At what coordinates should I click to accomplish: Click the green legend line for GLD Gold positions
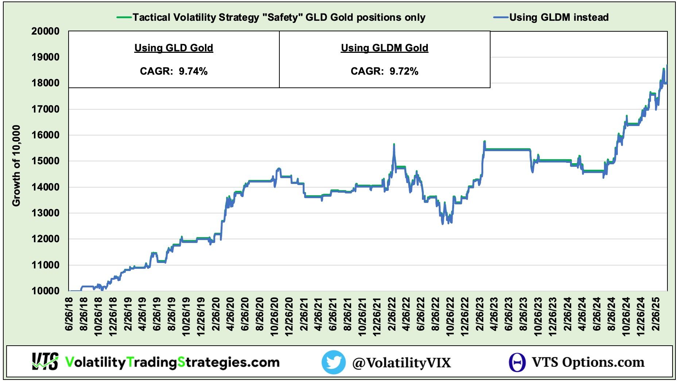(124, 17)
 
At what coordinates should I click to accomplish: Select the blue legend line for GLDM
(500, 17)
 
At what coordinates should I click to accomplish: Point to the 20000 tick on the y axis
(45, 31)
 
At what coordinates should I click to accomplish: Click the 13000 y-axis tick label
(45, 213)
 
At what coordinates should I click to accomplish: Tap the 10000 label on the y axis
(45, 291)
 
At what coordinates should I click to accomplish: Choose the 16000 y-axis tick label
(45, 135)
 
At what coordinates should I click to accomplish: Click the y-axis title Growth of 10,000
(16, 166)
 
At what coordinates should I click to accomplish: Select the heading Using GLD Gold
(174, 48)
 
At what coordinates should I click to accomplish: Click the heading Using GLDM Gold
(384, 48)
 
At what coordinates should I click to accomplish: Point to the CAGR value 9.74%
(193, 71)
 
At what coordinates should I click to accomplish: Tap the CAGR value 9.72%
(404, 71)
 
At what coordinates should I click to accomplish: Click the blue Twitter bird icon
(333, 362)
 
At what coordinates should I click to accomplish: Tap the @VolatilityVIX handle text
(401, 363)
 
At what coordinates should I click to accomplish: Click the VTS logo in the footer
(45, 362)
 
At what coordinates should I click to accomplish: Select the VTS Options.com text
(588, 362)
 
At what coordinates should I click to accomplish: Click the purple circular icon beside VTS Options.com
(517, 362)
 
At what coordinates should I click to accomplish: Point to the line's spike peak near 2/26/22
(394, 145)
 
